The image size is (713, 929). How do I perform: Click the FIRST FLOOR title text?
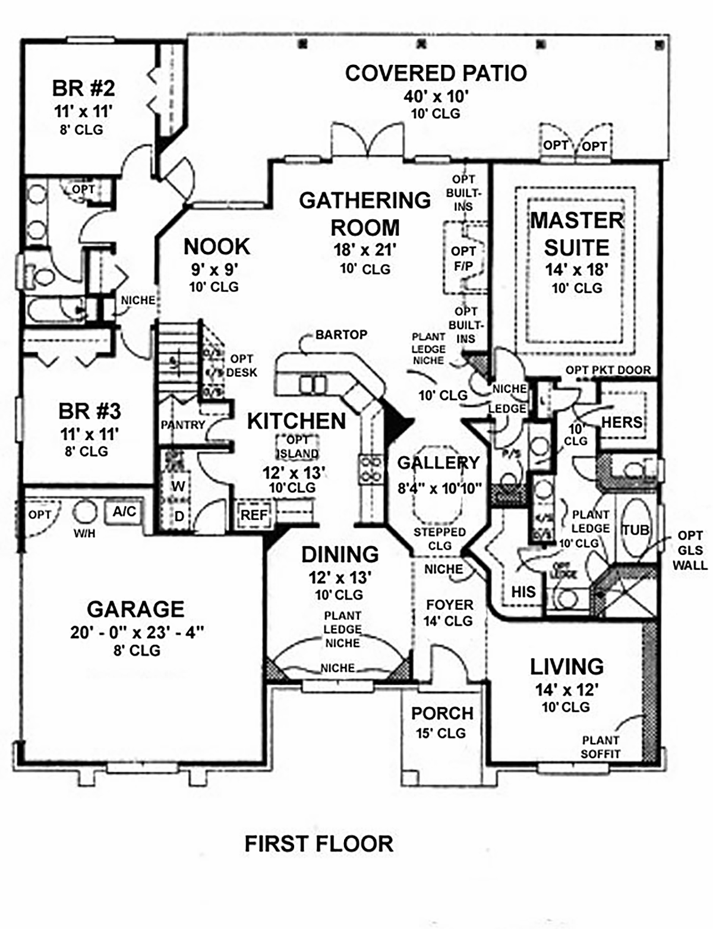[x=318, y=844]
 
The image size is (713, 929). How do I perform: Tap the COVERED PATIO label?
[x=436, y=73]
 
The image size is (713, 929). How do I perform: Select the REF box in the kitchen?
[x=254, y=514]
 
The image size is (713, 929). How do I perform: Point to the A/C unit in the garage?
[x=124, y=511]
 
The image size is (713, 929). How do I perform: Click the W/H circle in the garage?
[x=84, y=512]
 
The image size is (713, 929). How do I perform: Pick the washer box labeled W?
[x=178, y=486]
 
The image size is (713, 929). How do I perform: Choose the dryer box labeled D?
[x=178, y=517]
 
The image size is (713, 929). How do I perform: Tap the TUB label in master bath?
[x=635, y=530]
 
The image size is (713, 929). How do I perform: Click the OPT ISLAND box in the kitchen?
[x=297, y=447]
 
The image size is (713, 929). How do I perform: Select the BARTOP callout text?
[x=341, y=335]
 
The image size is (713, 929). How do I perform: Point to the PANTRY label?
[x=182, y=425]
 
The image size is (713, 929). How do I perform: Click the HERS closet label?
[x=622, y=423]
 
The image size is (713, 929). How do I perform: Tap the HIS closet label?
[x=523, y=592]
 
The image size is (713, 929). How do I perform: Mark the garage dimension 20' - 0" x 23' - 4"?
[x=137, y=632]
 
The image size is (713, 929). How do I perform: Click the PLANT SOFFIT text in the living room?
[x=600, y=747]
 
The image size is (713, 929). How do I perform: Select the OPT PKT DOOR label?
[x=608, y=370]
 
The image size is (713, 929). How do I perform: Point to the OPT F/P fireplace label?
[x=463, y=259]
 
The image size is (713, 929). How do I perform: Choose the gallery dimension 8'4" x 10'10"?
[x=439, y=489]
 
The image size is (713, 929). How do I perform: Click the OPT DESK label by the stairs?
[x=242, y=366]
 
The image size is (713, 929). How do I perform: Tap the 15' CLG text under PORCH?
[x=440, y=733]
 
